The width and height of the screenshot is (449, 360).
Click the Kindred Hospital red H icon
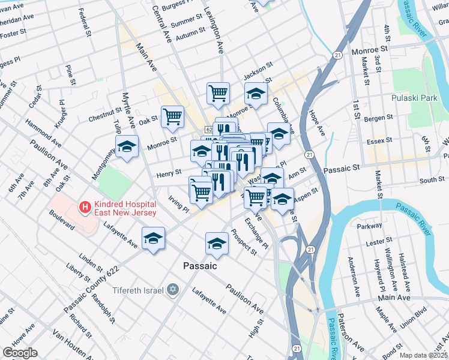86,208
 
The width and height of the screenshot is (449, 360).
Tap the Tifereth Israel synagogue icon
173,290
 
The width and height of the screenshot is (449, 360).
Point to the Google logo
20,353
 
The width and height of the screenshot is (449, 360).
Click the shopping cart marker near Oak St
173,116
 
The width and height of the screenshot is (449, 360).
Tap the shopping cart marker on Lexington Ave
218,93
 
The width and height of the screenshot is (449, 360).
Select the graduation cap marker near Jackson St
256,94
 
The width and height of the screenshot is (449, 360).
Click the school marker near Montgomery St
127,146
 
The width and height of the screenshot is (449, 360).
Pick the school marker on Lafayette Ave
154,238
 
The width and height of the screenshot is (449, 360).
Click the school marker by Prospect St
217,243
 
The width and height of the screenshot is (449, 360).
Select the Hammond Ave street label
43,133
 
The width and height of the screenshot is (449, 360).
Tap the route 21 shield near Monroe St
339,55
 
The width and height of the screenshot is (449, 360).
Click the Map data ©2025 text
423,355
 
